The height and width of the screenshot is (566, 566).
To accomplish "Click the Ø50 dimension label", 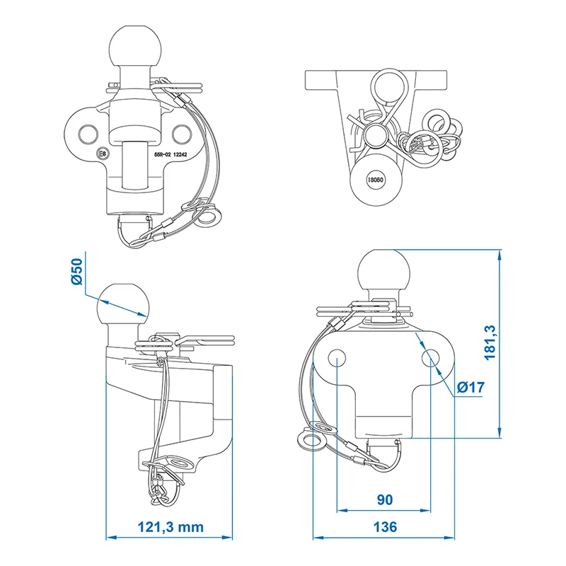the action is tap(77, 272).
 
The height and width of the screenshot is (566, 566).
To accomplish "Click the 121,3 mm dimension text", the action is tap(171, 527).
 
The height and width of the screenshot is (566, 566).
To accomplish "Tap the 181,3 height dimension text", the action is tap(490, 342).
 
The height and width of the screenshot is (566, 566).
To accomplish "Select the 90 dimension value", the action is tap(384, 499).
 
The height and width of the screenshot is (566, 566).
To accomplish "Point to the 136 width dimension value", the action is tap(385, 527).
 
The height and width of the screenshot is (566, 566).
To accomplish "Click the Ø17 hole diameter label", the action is tap(470, 387).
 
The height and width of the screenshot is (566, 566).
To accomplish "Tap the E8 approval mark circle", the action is tap(103, 154).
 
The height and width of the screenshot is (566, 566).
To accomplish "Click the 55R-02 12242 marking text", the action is tap(171, 154).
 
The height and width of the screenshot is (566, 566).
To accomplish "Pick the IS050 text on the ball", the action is tap(376, 180).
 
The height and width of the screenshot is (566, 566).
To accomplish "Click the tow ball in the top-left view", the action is tap(135, 46).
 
